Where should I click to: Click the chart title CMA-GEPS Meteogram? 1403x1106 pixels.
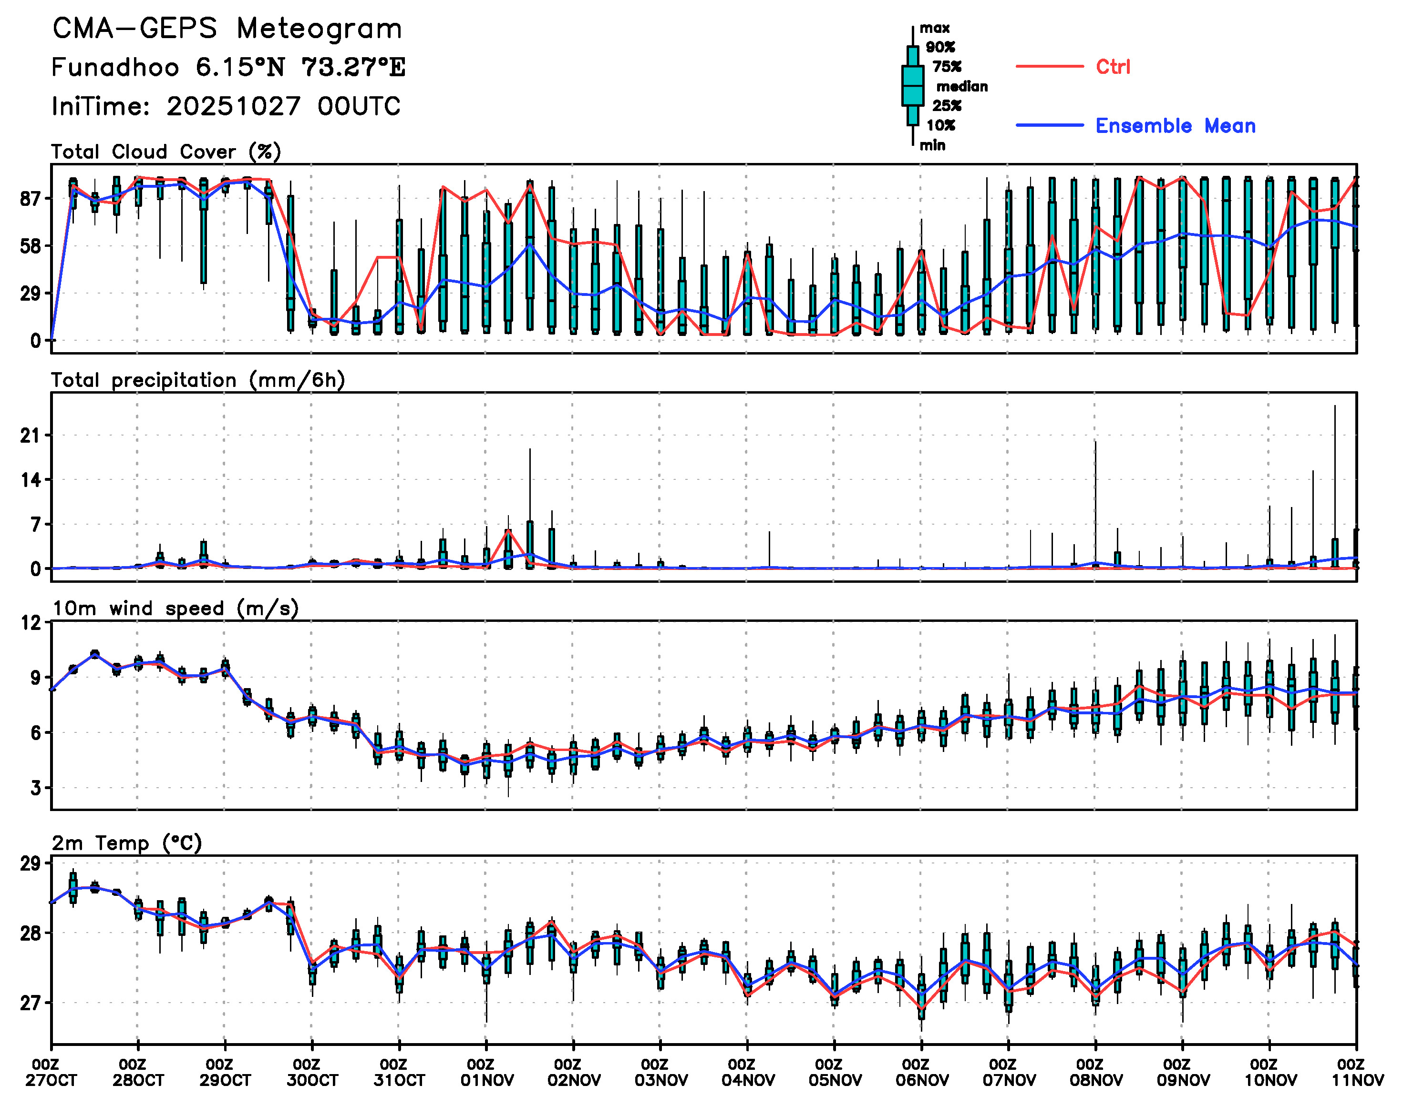227,29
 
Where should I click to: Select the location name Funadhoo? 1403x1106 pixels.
115,67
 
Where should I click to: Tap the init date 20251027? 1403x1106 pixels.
233,106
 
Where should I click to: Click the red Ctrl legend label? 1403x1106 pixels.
1113,67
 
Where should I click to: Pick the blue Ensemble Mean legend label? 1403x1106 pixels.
1175,126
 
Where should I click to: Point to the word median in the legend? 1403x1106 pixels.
962,86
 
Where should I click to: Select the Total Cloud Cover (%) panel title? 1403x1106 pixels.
166,152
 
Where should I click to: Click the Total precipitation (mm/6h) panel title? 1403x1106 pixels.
197,380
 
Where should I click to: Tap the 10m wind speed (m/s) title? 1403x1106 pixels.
175,608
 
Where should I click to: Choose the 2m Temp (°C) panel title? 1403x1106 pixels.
127,843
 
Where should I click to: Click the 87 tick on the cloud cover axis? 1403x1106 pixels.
31,199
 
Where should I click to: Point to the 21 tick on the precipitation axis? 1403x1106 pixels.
31,436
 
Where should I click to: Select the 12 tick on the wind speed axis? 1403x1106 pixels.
31,623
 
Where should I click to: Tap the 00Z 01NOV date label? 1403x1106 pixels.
487,1072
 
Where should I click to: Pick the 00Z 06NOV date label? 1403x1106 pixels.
921,1072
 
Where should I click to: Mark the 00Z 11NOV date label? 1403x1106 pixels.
1357,1072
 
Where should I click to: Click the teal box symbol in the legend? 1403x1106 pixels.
912,85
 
